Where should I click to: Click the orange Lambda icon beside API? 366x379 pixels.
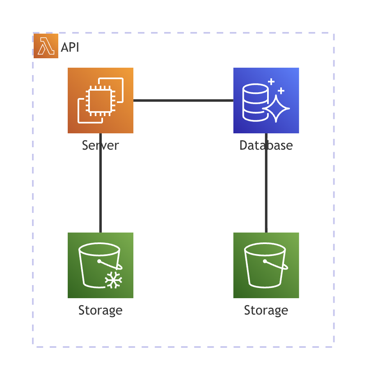[46, 46]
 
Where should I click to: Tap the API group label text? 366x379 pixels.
[70, 48]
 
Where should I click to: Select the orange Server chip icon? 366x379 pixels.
[101, 100]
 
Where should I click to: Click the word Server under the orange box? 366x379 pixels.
[101, 145]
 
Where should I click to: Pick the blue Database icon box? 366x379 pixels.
[266, 100]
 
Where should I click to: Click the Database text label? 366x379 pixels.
[266, 145]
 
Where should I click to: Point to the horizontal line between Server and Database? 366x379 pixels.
[183, 100]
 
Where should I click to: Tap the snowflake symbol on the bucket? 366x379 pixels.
[114, 280]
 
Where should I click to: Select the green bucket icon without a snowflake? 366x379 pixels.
[266, 265]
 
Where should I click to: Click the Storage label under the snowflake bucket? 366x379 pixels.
[101, 310]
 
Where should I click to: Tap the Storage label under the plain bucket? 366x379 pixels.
[266, 310]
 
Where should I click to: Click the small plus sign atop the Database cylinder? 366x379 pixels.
[271, 82]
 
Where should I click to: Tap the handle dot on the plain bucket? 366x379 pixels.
[265, 261]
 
